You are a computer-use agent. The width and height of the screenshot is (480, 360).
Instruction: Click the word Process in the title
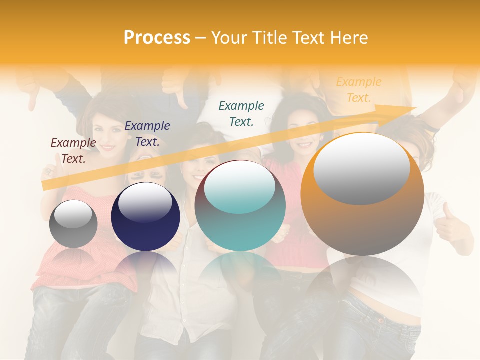pyautogui.click(x=157, y=38)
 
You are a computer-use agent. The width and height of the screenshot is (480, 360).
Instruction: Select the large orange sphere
pyautogui.click(x=362, y=194)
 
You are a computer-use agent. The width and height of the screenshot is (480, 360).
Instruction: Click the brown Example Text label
pyautogui.click(x=73, y=151)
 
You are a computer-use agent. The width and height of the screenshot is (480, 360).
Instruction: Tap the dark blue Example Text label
pyautogui.click(x=147, y=134)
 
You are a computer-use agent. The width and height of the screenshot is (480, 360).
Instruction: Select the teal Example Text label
pyautogui.click(x=241, y=113)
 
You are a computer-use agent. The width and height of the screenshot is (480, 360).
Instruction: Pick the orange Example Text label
pyautogui.click(x=359, y=90)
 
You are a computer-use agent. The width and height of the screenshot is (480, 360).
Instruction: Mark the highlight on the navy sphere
pyautogui.click(x=145, y=202)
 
